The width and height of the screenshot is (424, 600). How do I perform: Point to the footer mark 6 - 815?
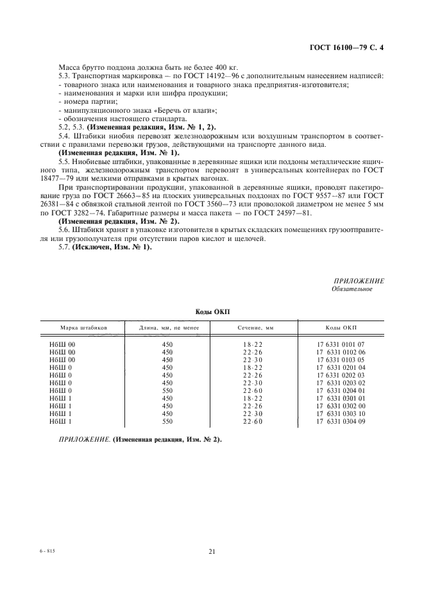pos(48,551)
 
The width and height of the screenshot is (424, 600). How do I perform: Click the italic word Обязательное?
pos(352,288)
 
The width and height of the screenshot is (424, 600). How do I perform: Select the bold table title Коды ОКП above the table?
pos(212,311)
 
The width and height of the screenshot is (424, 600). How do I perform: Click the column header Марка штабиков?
pos(80,327)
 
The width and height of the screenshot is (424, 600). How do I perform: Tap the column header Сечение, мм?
pos(255,327)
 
